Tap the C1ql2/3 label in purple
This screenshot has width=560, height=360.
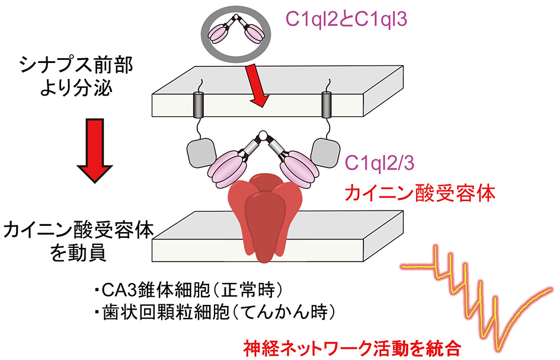(x=379, y=163)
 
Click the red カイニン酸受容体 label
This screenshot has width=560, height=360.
(x=420, y=193)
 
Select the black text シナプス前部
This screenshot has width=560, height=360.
(x=76, y=65)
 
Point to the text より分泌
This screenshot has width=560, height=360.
(x=76, y=88)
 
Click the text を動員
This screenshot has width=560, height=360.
(x=78, y=253)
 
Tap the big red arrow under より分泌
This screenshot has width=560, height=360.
(x=95, y=151)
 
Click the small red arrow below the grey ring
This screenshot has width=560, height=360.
(x=258, y=85)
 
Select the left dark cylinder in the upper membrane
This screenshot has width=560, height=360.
(x=197, y=105)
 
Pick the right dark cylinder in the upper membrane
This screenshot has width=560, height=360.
(x=327, y=105)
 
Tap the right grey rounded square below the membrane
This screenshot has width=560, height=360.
(x=325, y=153)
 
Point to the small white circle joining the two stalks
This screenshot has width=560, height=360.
(x=263, y=135)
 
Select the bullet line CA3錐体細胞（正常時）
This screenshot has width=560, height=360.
(x=189, y=290)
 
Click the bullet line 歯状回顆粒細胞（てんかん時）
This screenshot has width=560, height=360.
(x=215, y=312)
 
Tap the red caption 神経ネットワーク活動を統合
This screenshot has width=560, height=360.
(x=352, y=348)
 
